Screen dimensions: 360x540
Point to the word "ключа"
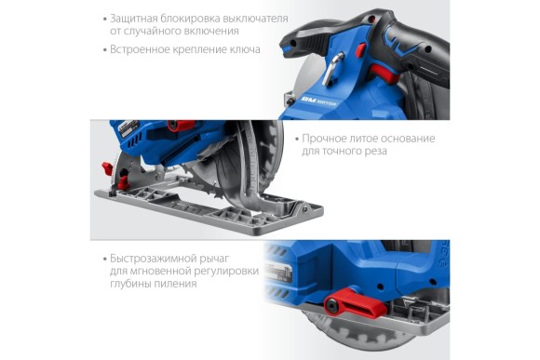click(244, 49)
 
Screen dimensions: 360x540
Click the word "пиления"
click(176, 285)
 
